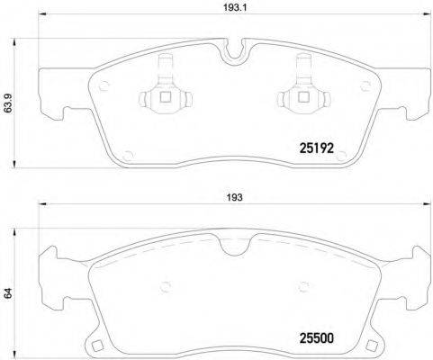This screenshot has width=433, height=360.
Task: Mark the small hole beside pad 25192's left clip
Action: [106, 87]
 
